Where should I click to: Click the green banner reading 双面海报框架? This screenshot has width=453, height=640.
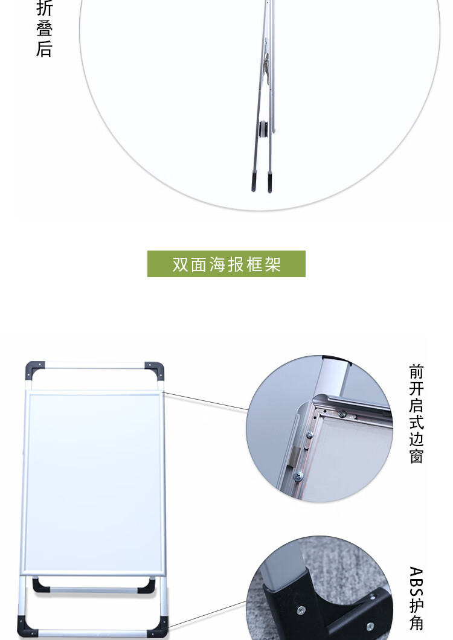click(226, 264)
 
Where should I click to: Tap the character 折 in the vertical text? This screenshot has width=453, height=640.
click(44, 8)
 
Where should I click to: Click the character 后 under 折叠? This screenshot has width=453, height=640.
click(44, 48)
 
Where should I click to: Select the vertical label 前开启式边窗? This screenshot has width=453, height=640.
click(416, 414)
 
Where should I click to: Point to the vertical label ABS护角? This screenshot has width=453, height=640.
click(416, 598)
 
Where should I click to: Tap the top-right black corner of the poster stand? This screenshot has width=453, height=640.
click(155, 370)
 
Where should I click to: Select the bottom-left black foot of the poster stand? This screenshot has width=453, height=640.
click(27, 627)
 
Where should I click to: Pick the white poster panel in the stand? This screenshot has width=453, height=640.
click(94, 483)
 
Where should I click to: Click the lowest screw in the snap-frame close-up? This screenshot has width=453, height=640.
click(298, 476)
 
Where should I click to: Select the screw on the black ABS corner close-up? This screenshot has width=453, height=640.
click(301, 610)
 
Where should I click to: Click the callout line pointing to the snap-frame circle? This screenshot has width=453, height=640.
click(205, 401)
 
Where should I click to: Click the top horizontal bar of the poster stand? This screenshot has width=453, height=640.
click(95, 365)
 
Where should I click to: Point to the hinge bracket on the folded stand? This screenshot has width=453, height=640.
click(266, 61)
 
